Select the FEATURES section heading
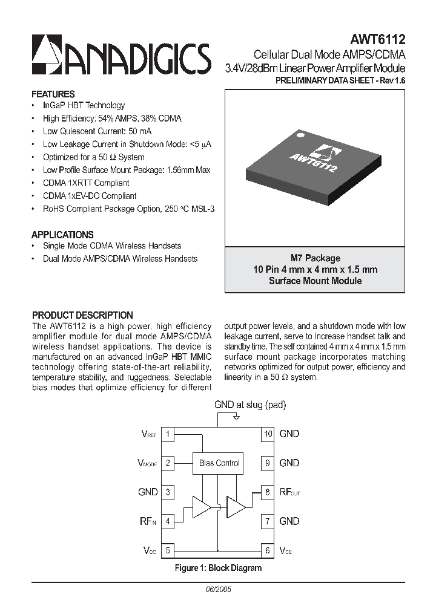click(x=53, y=94)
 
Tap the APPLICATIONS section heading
click(x=62, y=235)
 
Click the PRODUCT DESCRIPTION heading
click(x=82, y=315)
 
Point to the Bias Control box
click(x=219, y=463)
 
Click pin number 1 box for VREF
click(x=168, y=434)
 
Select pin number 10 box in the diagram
click(x=268, y=434)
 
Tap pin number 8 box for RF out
click(x=268, y=492)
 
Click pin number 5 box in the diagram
click(x=168, y=550)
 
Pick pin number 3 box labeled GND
click(x=168, y=492)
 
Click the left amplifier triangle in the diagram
click(x=202, y=507)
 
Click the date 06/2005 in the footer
click(x=219, y=588)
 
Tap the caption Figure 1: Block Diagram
click(x=218, y=568)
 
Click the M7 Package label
click(x=315, y=258)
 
